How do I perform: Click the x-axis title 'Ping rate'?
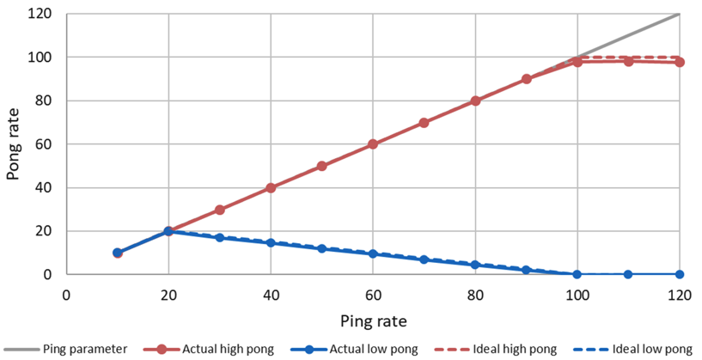373,320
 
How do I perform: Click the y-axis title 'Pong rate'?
14,144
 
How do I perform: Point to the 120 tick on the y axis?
40,14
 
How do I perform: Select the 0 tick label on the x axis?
66,293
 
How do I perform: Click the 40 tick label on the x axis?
271,293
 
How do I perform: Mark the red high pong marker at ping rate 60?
373,144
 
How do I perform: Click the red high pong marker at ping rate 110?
629,61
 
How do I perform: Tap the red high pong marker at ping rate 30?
220,210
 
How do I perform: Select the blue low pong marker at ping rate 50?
322,248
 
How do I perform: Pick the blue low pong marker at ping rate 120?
680,274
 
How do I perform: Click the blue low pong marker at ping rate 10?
118,253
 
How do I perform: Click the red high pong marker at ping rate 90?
527,79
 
